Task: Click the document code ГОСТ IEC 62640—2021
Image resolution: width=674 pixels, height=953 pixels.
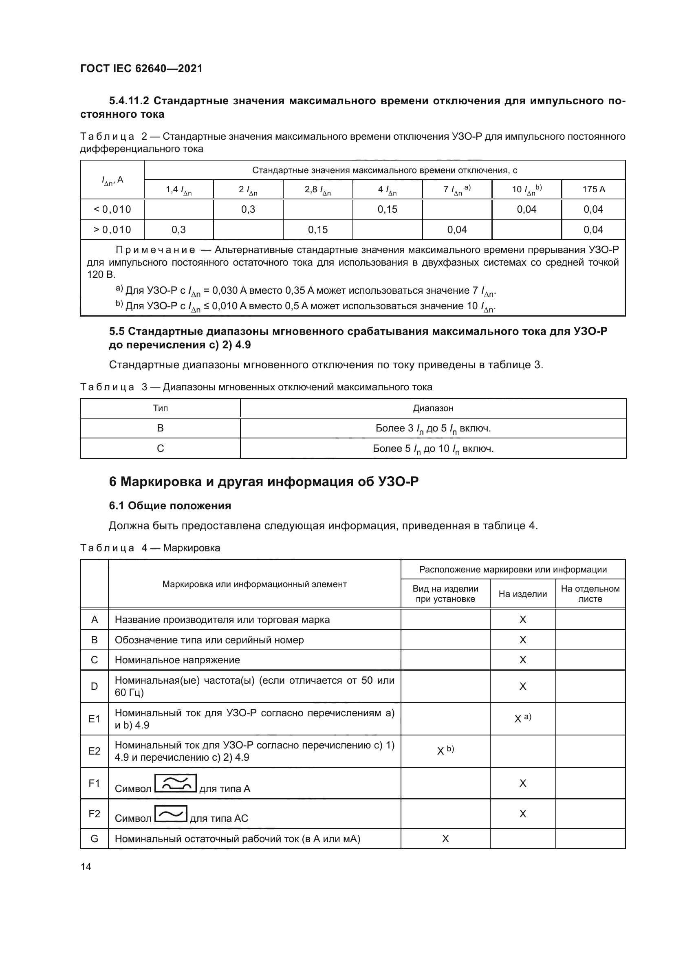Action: (x=141, y=68)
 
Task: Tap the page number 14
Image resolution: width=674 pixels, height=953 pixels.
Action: (x=86, y=867)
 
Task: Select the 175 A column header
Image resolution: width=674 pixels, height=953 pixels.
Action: (x=593, y=189)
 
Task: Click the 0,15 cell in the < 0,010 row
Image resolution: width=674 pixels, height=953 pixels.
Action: (x=387, y=209)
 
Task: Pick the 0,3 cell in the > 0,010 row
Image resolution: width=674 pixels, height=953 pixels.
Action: (x=178, y=229)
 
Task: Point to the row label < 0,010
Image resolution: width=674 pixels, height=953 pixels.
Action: (x=112, y=209)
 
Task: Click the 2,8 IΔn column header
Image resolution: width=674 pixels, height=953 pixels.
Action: (x=317, y=190)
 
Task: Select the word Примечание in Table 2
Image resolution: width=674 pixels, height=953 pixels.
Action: (x=155, y=250)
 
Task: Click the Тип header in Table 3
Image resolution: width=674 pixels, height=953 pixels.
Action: (x=160, y=408)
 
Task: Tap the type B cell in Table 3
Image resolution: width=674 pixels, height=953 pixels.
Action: (x=160, y=428)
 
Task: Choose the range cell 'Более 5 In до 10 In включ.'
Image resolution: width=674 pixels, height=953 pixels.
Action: (x=433, y=449)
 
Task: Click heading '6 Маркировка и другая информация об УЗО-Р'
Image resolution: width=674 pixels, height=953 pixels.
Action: (x=264, y=482)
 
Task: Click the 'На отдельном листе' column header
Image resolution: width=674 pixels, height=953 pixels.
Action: (x=590, y=594)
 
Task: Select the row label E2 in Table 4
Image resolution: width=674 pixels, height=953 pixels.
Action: (x=94, y=751)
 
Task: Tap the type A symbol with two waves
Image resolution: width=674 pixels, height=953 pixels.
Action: (x=175, y=783)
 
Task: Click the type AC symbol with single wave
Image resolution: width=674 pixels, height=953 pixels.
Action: (x=171, y=813)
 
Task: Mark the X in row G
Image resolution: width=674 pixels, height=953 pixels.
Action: (x=445, y=839)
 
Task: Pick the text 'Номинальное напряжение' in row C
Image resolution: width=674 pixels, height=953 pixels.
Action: (x=177, y=660)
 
